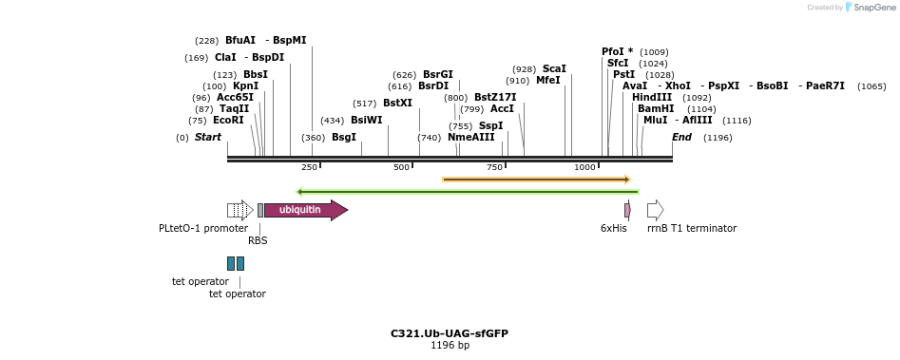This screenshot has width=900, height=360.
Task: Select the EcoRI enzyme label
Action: click(x=229, y=121)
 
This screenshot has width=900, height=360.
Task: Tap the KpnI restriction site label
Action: click(x=245, y=86)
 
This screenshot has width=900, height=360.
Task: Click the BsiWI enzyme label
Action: click(x=366, y=121)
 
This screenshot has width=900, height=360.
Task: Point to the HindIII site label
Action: click(x=651, y=98)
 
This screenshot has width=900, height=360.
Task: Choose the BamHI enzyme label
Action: click(x=656, y=109)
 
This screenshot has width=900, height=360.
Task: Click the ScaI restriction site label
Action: click(x=554, y=69)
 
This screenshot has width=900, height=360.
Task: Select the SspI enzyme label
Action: click(x=490, y=126)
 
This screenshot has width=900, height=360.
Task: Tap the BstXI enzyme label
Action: click(x=397, y=104)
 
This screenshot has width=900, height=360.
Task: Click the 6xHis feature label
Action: click(x=614, y=228)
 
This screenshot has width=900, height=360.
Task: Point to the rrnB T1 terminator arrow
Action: click(x=655, y=210)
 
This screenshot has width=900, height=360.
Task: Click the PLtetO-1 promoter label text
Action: click(x=203, y=228)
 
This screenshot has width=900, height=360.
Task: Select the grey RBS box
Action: click(x=260, y=210)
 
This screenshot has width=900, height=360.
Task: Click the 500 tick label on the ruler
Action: click(x=401, y=167)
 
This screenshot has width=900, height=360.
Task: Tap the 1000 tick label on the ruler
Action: click(x=584, y=167)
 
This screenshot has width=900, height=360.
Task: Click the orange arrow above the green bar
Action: click(x=536, y=179)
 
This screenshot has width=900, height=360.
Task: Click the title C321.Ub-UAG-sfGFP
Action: click(x=450, y=333)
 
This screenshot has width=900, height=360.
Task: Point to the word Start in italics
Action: click(x=208, y=138)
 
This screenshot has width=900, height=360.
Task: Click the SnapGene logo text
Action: click(x=873, y=8)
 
